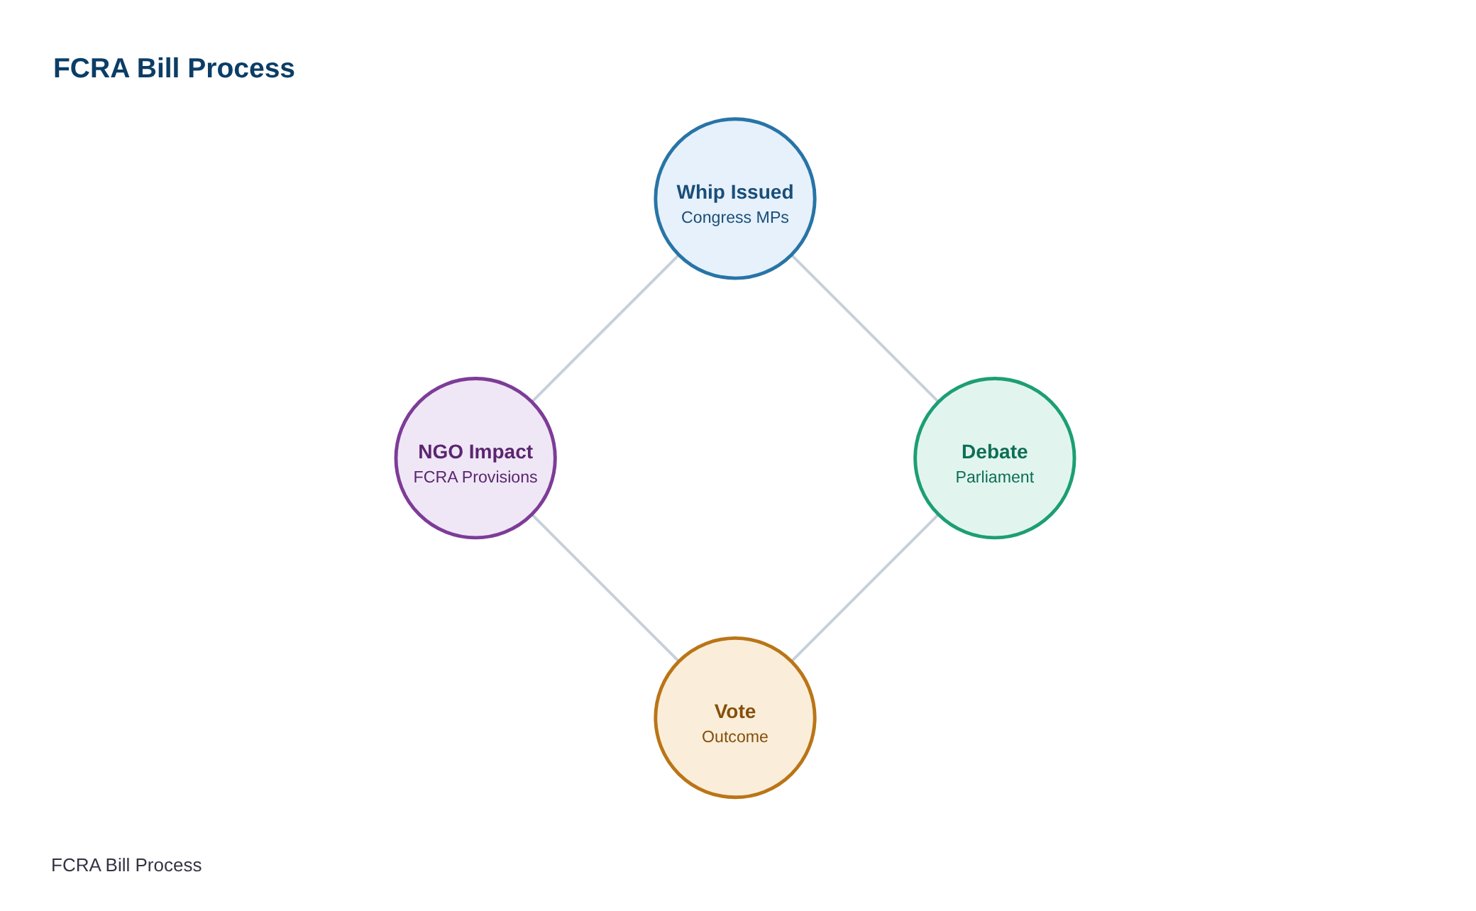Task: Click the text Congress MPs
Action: pos(735,218)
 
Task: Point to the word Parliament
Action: pos(995,477)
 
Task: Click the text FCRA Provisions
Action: pos(475,477)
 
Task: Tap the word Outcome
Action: pos(735,736)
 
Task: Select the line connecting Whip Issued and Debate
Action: pos(865,328)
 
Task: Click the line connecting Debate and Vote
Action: pos(865,588)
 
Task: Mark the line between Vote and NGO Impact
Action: pos(605,588)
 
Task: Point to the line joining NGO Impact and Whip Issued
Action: pos(605,328)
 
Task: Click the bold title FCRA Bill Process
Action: pos(174,68)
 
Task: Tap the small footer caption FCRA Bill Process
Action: pos(126,865)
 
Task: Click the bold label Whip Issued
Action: pos(735,192)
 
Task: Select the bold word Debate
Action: pos(995,452)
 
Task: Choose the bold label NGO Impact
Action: pos(475,452)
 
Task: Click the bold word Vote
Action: pos(735,712)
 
